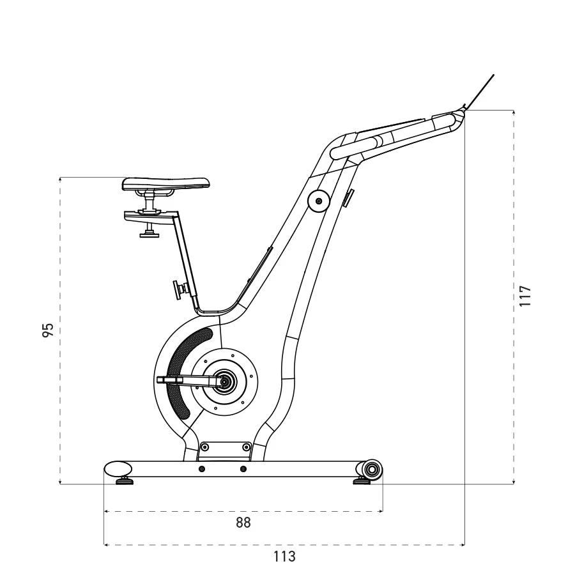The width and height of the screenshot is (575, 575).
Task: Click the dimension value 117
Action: click(x=525, y=296)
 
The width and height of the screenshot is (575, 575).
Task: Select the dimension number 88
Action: click(x=243, y=523)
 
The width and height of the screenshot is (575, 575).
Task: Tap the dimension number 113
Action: click(x=284, y=556)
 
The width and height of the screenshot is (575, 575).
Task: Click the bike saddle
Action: click(x=166, y=184)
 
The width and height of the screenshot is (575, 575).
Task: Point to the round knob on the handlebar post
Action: click(x=318, y=202)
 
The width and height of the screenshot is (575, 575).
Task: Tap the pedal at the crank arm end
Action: click(x=169, y=380)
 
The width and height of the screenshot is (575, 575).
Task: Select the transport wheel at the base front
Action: click(x=371, y=471)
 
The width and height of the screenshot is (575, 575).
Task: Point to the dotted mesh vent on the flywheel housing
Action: click(x=185, y=371)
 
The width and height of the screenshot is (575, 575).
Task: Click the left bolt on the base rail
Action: click(x=202, y=470)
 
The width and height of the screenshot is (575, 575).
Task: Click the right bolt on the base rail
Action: click(x=242, y=470)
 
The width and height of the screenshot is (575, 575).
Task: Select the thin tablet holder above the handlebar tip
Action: click(x=479, y=91)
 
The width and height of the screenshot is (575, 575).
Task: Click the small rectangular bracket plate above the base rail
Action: click(x=224, y=448)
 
